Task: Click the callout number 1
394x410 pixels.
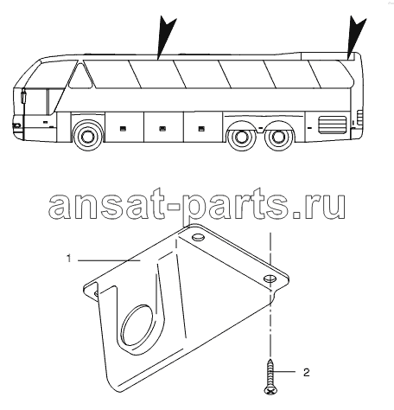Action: [68, 259]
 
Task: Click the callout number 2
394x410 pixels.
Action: [307, 372]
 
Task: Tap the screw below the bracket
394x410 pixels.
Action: [270, 376]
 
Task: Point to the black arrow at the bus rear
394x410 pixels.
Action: [356, 36]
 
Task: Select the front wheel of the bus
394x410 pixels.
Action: [86, 136]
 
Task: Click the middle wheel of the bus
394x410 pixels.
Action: [240, 137]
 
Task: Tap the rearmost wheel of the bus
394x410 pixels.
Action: [277, 137]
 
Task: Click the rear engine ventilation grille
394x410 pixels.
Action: [332, 125]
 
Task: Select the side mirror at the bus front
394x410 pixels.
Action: [23, 97]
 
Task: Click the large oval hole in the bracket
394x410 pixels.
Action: [137, 325]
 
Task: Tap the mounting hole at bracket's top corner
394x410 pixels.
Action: [198, 238]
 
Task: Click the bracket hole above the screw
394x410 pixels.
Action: [270, 279]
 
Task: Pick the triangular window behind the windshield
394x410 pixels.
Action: [80, 76]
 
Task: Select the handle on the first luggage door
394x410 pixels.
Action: [123, 129]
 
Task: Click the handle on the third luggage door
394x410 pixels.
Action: [201, 129]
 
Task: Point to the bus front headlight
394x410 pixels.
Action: [16, 125]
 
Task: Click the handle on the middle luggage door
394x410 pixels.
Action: [162, 129]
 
